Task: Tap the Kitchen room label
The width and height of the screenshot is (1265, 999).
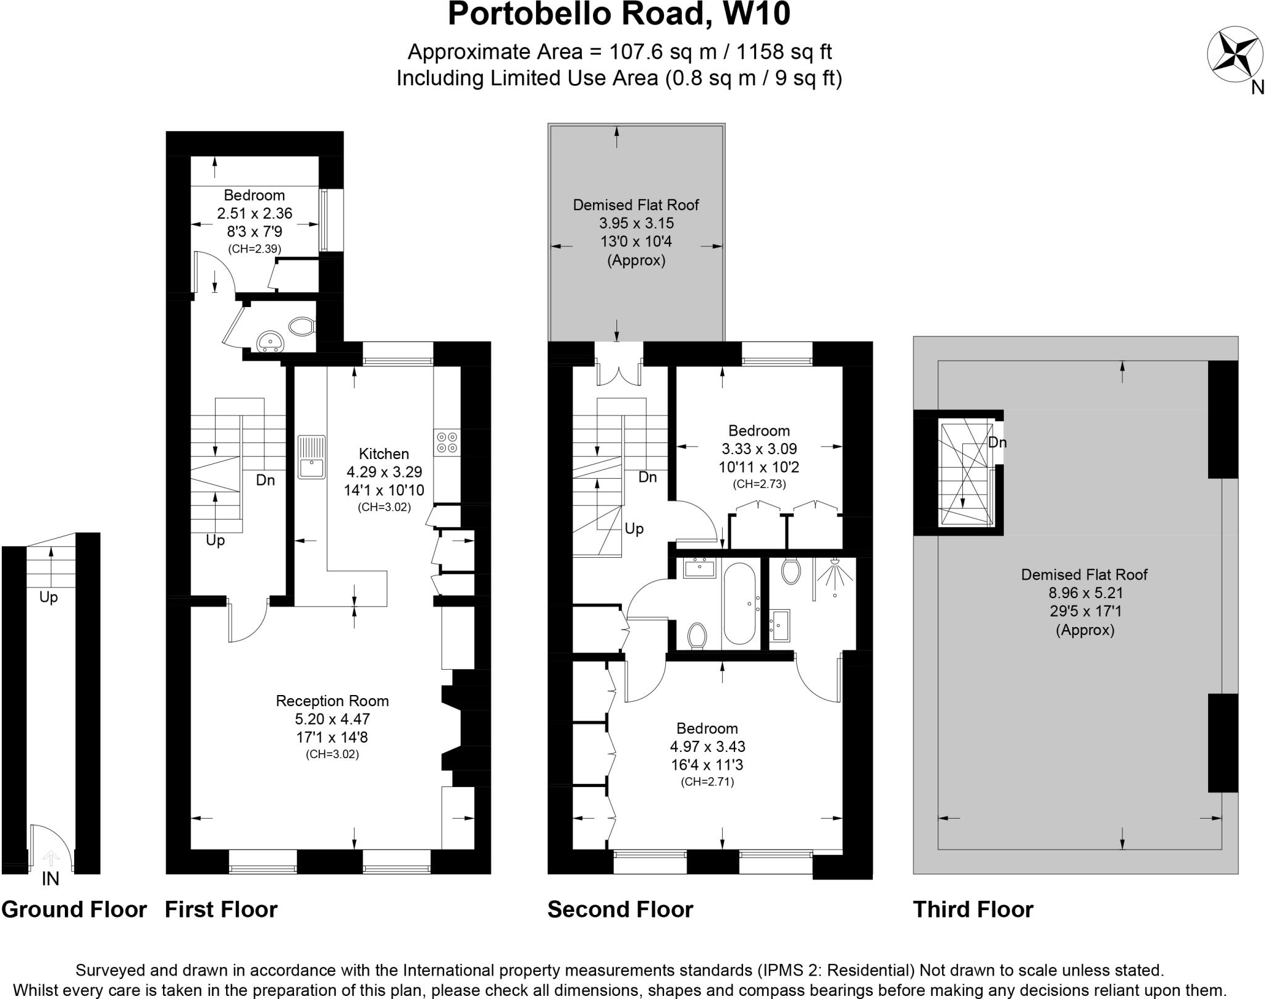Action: [x=384, y=454]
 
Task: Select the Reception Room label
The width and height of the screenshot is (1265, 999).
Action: [x=332, y=701]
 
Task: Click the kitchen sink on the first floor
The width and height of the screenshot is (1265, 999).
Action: [x=312, y=457]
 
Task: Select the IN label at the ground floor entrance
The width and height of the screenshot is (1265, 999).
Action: [x=51, y=879]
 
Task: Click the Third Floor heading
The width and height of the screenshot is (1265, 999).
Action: [x=973, y=910]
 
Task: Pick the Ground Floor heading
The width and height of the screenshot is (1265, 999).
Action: [x=74, y=910]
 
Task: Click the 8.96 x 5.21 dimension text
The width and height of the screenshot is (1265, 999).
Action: [x=1085, y=593]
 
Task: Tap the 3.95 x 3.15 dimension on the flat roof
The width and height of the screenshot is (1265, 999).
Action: [x=636, y=223]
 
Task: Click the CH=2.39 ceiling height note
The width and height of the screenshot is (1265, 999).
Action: [x=254, y=249]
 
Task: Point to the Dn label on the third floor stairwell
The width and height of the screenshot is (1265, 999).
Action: [x=997, y=442]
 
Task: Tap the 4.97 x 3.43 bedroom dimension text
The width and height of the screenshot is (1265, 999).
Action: [x=707, y=746]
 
